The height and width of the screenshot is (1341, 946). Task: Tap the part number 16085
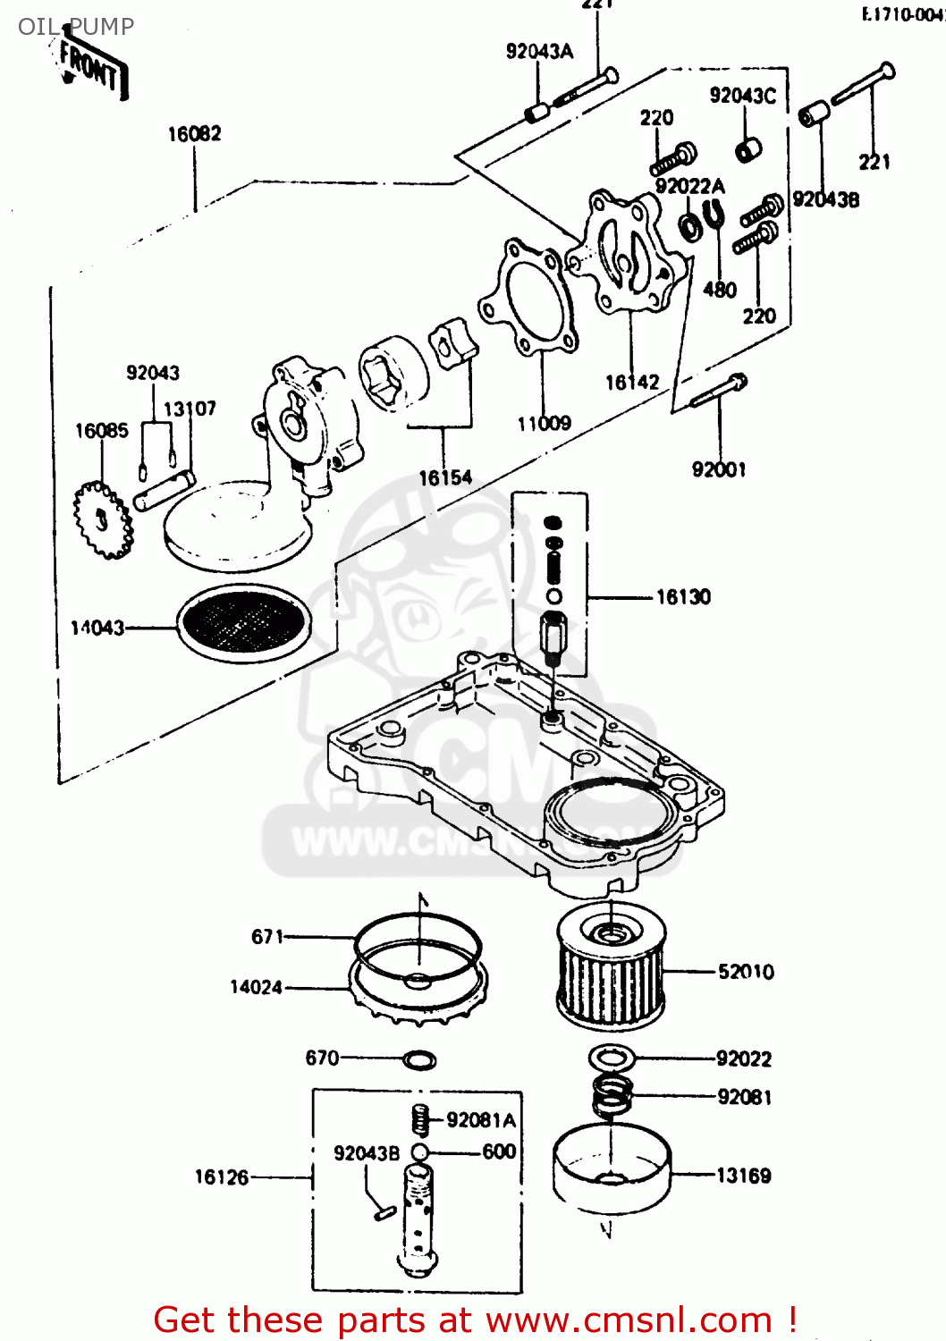coord(101,431)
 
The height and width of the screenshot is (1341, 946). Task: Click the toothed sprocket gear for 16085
coord(102,519)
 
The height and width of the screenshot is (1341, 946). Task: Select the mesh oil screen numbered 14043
coord(244,623)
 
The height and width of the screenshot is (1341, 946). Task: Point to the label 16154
coord(445,478)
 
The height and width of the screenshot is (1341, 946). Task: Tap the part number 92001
coord(719,469)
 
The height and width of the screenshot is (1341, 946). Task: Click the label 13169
coord(744,1176)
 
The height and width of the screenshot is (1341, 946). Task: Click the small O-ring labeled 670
coord(419,1060)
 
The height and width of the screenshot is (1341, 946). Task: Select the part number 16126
coord(222,1177)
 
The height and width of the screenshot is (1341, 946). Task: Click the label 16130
coord(683,597)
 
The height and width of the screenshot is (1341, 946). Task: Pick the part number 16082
coord(194,134)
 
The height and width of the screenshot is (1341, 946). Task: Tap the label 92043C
coord(742,96)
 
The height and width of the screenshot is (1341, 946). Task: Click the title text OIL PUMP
coord(76,27)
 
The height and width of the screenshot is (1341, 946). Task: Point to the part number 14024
coord(256,987)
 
